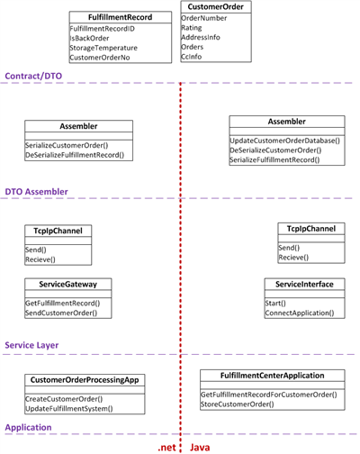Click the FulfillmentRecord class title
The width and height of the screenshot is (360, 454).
click(x=120, y=17)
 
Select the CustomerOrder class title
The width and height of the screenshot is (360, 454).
click(x=216, y=7)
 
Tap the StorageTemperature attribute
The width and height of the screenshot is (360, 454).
click(x=103, y=48)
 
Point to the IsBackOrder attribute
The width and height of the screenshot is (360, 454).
click(x=89, y=38)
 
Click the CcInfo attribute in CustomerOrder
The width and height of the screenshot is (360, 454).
click(x=192, y=57)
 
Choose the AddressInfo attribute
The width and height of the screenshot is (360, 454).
click(x=201, y=37)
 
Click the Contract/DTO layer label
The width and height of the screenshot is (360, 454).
click(x=33, y=76)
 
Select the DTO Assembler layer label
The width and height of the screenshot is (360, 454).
click(x=37, y=192)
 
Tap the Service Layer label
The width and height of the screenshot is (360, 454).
click(x=31, y=345)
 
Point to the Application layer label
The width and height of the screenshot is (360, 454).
click(x=29, y=428)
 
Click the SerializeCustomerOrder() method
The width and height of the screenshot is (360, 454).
click(x=67, y=145)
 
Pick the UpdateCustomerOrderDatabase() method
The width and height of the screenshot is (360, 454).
click(x=285, y=141)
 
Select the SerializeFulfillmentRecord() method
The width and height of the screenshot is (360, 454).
click(x=274, y=159)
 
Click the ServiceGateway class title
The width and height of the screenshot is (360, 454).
click(x=68, y=285)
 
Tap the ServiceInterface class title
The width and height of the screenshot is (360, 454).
click(x=304, y=285)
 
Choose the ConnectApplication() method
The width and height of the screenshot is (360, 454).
click(x=300, y=313)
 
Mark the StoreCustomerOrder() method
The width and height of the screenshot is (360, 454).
click(x=238, y=404)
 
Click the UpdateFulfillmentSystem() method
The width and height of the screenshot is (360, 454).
click(x=69, y=409)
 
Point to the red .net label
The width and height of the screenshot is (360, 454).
click(x=167, y=448)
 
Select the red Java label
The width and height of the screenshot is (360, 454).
click(x=200, y=448)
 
